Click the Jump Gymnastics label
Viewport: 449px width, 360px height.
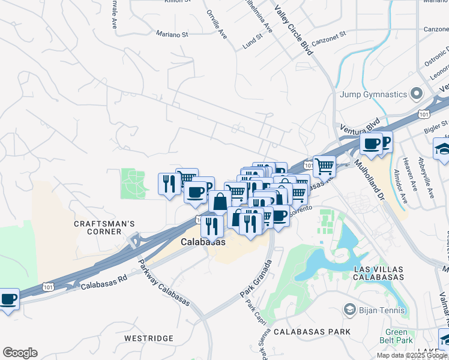click(373, 94)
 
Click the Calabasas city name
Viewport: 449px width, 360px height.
click(203, 242)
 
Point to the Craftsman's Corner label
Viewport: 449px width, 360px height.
click(104, 228)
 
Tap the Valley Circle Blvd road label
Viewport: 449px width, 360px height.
click(294, 31)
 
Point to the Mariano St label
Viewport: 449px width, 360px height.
click(172, 34)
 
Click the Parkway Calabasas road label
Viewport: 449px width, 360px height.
click(164, 283)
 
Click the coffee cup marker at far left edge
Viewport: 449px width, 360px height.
click(8, 299)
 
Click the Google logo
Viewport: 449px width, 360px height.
click(20, 353)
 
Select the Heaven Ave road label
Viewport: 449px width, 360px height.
click(411, 171)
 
